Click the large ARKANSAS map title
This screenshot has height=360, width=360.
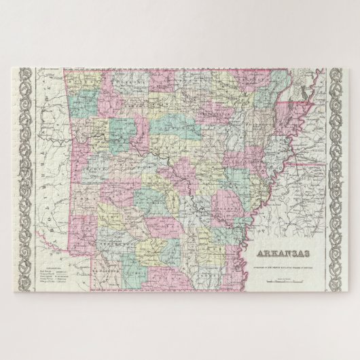click(280, 254)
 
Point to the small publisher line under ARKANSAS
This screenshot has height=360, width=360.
click(280, 263)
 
